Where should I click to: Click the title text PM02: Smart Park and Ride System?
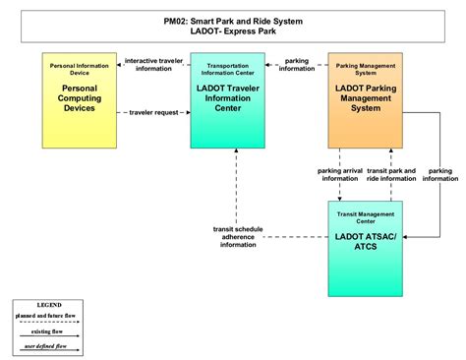233,20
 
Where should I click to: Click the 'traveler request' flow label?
156,113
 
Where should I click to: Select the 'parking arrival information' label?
339,174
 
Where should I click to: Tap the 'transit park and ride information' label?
392,174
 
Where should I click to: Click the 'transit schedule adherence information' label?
236,237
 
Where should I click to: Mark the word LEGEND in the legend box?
48,305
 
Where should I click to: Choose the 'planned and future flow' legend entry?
48,318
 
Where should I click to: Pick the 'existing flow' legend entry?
48,331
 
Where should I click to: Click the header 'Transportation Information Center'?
228,72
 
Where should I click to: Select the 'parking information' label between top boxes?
297,64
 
